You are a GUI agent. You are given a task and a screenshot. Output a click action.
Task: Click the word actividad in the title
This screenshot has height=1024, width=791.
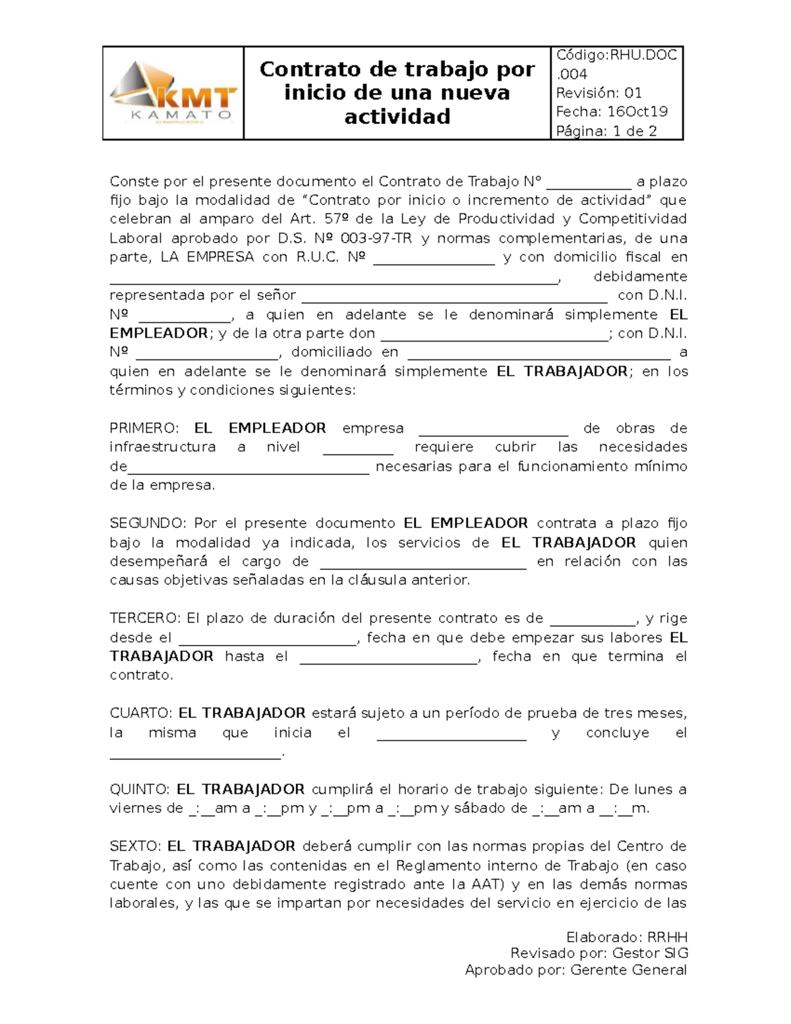click(x=397, y=117)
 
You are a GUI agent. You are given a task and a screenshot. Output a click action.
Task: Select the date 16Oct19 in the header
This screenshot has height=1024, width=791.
click(x=637, y=111)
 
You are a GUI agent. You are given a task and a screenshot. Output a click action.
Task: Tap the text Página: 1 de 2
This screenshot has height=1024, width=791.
click(x=606, y=131)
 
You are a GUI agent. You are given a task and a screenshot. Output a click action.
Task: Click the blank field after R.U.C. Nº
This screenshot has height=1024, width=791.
click(x=434, y=258)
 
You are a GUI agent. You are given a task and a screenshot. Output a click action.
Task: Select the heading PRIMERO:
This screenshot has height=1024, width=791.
click(x=144, y=429)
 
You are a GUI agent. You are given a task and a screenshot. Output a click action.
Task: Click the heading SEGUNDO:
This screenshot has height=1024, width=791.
click(x=148, y=524)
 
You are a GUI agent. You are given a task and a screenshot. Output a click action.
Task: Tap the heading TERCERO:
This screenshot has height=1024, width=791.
click(x=144, y=618)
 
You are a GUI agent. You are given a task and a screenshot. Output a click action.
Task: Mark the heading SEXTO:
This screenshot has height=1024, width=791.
click(x=135, y=847)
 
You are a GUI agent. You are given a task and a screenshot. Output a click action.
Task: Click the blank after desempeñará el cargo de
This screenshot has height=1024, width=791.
click(x=423, y=562)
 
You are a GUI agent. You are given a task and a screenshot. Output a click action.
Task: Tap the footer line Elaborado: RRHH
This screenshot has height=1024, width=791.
click(x=626, y=938)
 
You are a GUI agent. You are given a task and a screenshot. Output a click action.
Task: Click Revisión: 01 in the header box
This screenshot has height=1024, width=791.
click(x=599, y=93)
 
